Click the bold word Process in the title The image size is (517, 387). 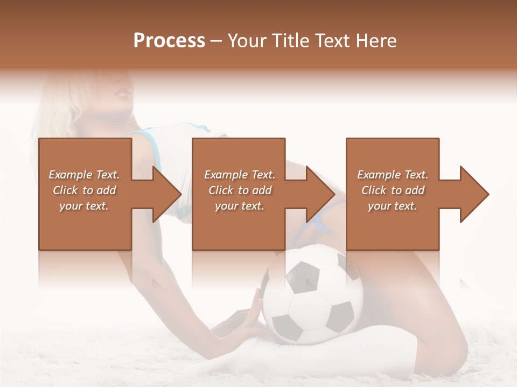pyautogui.click(x=169, y=41)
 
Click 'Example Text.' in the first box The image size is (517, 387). pyautogui.click(x=84, y=175)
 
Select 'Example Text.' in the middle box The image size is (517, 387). pyautogui.click(x=240, y=175)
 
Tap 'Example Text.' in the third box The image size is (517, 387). pyautogui.click(x=393, y=175)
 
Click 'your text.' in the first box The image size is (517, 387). pyautogui.click(x=84, y=206)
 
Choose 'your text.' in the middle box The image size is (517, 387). pyautogui.click(x=240, y=206)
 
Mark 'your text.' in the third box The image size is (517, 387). pyautogui.click(x=393, y=206)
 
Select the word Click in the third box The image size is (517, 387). pyautogui.click(x=374, y=190)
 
